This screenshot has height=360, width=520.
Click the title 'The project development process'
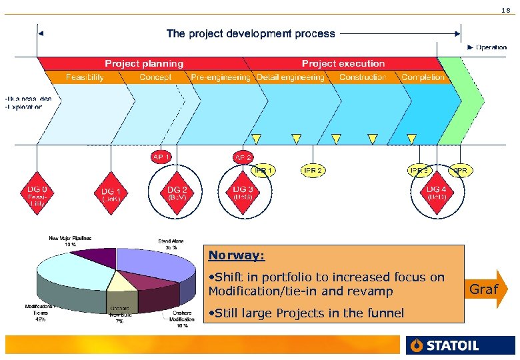click(x=251, y=33)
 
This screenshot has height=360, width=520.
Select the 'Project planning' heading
click(x=143, y=63)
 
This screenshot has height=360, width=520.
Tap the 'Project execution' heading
click(x=343, y=63)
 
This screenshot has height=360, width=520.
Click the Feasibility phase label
click(x=85, y=77)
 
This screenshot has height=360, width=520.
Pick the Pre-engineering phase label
click(x=220, y=77)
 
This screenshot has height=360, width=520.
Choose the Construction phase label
click(x=362, y=77)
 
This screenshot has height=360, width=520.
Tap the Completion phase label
click(x=423, y=77)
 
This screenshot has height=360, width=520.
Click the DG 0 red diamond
click(x=37, y=193)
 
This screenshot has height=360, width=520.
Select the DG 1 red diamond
click(x=111, y=193)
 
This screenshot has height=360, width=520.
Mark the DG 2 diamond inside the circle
click(x=177, y=193)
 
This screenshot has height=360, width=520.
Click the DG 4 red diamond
click(x=437, y=193)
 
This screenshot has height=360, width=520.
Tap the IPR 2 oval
click(x=313, y=171)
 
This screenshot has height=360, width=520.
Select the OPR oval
click(x=460, y=171)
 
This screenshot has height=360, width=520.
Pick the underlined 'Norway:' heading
click(x=236, y=255)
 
